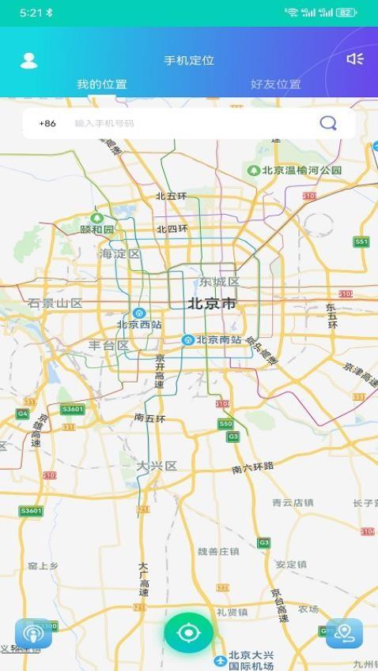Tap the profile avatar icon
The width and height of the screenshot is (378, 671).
point(28,61)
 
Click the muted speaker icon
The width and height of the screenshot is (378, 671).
point(355,59)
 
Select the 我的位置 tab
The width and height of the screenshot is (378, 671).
point(101,84)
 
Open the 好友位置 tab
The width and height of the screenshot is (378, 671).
point(275,84)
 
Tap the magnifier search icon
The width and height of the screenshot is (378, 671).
point(328,123)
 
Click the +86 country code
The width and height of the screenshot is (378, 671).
point(47,123)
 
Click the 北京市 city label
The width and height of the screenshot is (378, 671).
point(212,303)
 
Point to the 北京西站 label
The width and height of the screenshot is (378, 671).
point(139,324)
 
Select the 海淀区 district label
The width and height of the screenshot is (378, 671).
point(119,253)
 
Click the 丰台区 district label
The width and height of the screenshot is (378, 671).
point(108,345)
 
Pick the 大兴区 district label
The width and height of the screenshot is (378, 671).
point(156,466)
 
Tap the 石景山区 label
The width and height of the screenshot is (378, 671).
point(55,302)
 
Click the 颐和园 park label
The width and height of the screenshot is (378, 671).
point(97,229)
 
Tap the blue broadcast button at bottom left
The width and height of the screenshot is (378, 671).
point(33,633)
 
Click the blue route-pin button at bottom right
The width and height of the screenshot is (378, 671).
point(344,633)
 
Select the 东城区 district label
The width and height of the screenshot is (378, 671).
point(219,282)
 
